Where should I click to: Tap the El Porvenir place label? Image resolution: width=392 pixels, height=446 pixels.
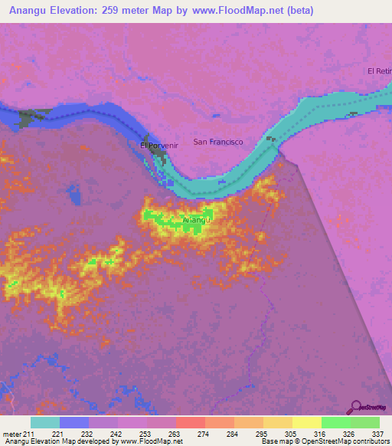[x=154, y=145]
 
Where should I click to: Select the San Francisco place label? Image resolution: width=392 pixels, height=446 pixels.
[x=218, y=142]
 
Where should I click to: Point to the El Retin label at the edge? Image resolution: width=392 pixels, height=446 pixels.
[x=380, y=71]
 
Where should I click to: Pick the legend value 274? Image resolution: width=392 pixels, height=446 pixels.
[x=204, y=434]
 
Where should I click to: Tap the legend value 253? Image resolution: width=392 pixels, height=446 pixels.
[x=145, y=434]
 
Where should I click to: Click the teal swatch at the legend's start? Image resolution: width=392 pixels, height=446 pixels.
[x=45, y=422]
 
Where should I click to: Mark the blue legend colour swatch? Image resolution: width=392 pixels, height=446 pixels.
[x=74, y=422]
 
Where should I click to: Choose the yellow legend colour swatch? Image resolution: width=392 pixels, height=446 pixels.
[x=307, y=422]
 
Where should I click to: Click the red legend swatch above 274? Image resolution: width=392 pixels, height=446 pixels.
[x=191, y=422]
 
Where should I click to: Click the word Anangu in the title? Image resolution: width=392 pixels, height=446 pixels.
[x=31, y=11]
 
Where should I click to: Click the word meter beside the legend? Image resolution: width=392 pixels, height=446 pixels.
[x=11, y=434]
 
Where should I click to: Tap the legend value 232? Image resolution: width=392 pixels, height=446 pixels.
[x=87, y=434]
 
